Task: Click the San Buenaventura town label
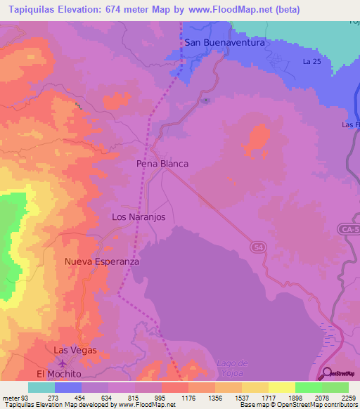pos(224,42)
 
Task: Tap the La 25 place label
pos(311,62)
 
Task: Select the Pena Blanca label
pos(162,163)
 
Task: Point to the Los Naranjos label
pos(139,217)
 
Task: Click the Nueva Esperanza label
pos(102,261)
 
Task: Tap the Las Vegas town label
pos(75,350)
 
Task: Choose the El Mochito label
pos(59,375)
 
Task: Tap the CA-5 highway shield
pos(347,229)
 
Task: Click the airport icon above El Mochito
pos(64,363)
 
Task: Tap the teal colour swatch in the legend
pos(41,387)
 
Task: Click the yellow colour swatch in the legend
pos(281,387)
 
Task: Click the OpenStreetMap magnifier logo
pos(326,373)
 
